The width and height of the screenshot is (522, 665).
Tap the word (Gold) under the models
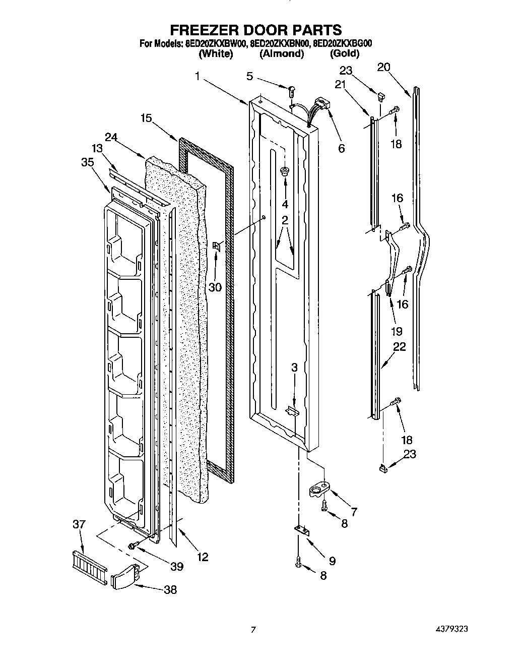coord(344,53)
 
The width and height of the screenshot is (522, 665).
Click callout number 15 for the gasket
coord(146,118)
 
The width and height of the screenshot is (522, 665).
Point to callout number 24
coord(111,137)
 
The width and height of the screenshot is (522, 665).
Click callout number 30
coord(215,287)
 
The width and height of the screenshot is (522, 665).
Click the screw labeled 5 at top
coord(291,91)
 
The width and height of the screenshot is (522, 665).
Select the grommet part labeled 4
coord(285,171)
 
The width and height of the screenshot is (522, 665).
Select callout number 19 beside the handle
coord(397,331)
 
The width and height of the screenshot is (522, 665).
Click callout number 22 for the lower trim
coord(400,347)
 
